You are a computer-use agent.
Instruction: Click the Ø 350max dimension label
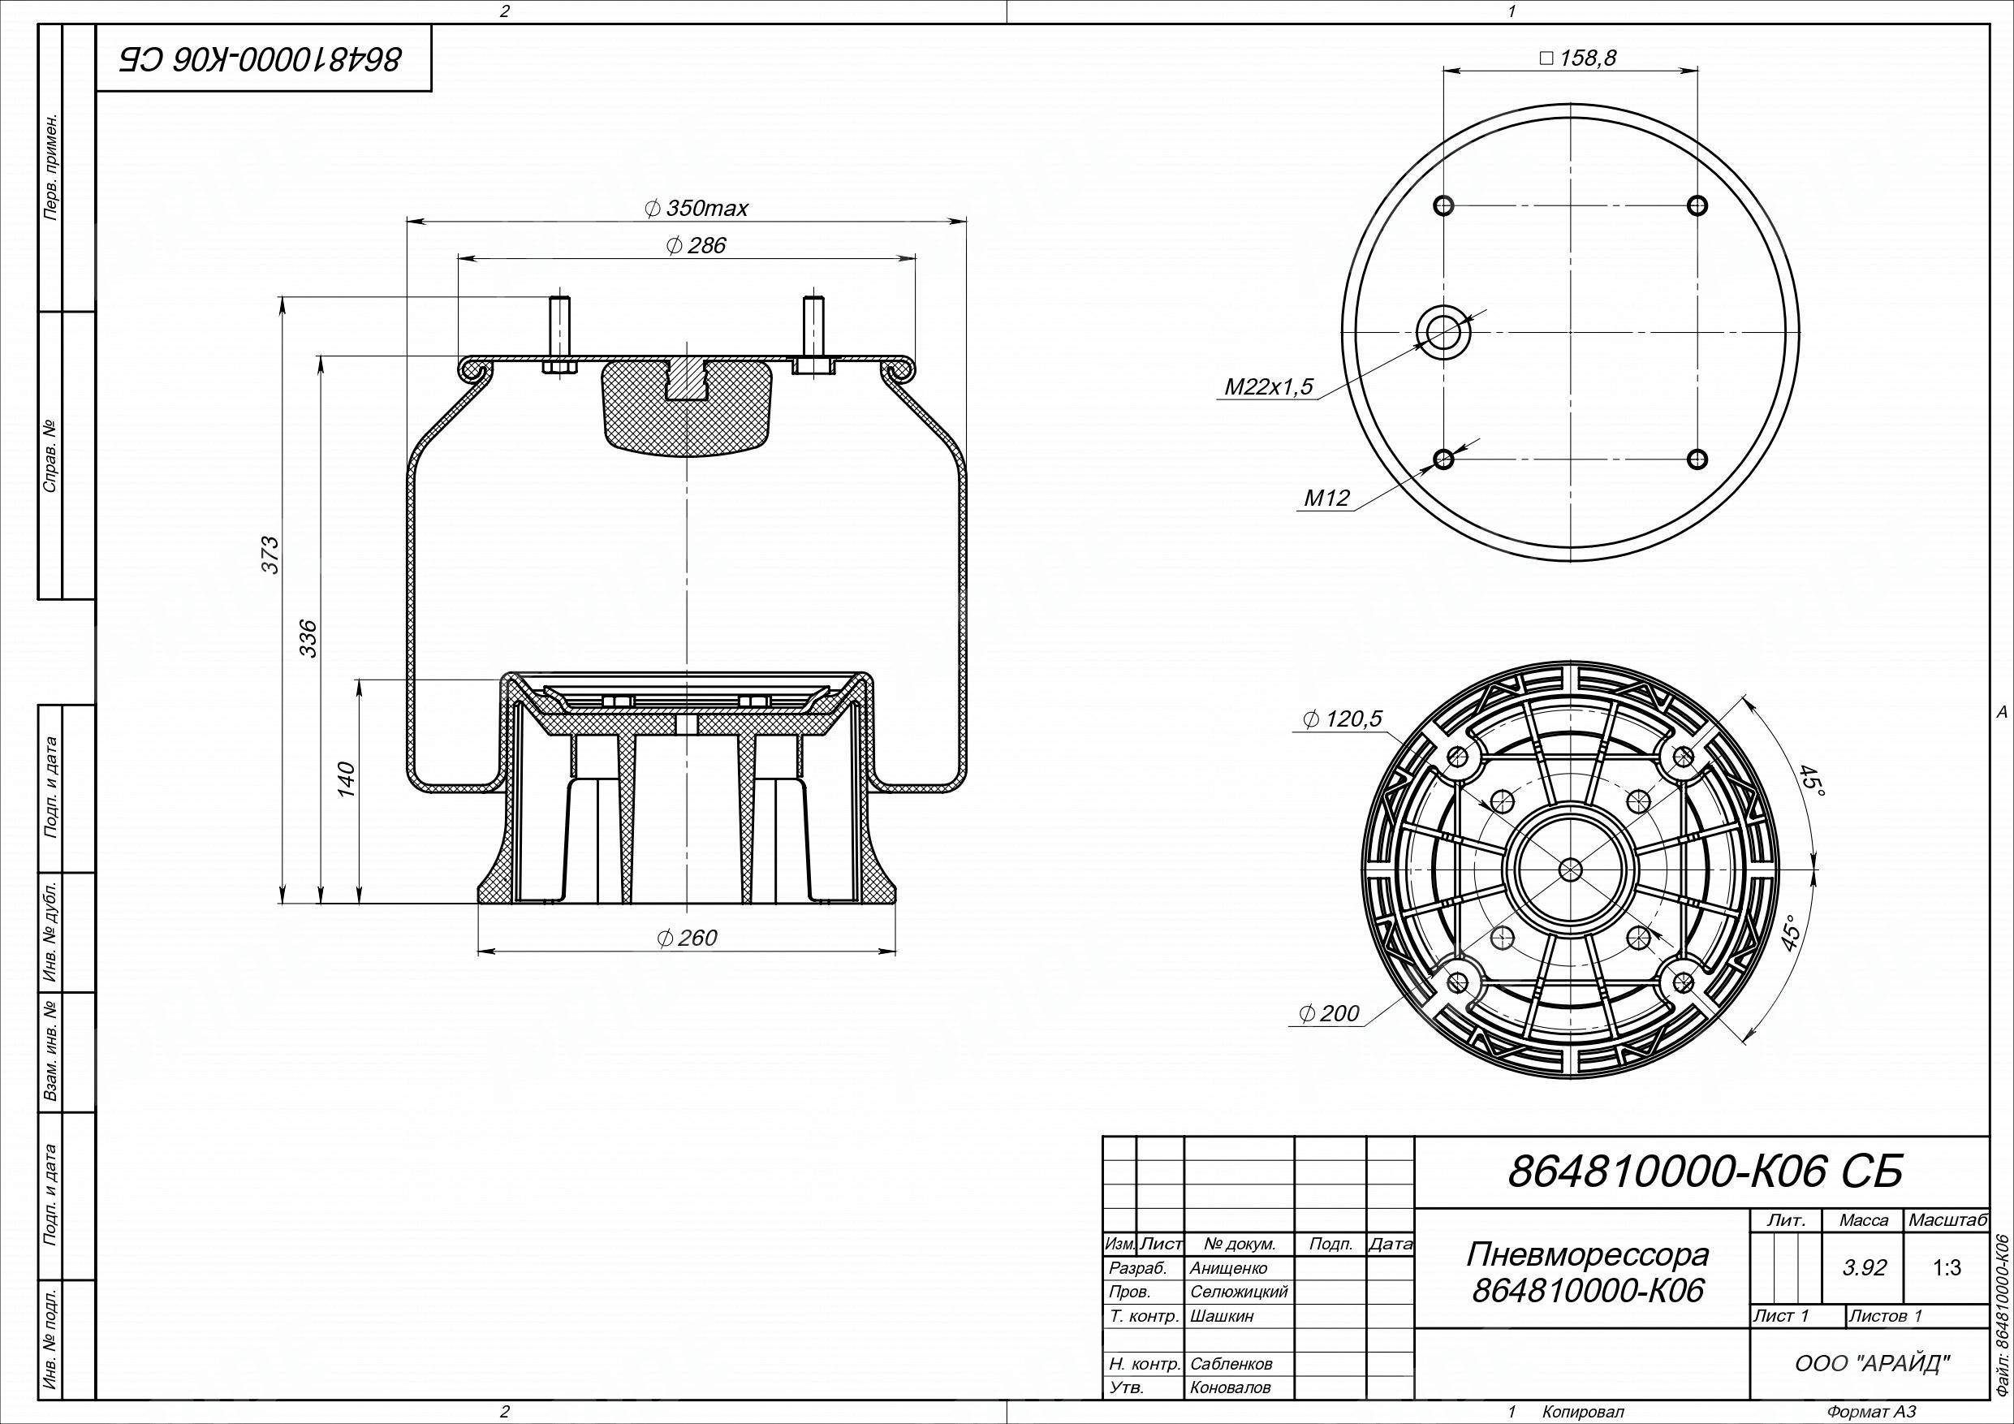pyautogui.click(x=696, y=208)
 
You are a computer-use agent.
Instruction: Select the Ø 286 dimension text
pyautogui.click(x=696, y=246)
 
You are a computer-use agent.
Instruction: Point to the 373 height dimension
pyautogui.click(x=271, y=554)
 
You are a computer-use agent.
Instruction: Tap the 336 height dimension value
pyautogui.click(x=308, y=639)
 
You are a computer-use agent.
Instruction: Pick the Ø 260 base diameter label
pyautogui.click(x=687, y=938)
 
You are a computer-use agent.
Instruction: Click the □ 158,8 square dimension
pyautogui.click(x=1578, y=58)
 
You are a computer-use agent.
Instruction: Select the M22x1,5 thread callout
pyautogui.click(x=1270, y=386)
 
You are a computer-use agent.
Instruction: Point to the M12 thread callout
pyautogui.click(x=1326, y=498)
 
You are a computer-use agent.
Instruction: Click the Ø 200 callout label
pyautogui.click(x=1329, y=1014)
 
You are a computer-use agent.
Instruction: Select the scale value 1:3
pyautogui.click(x=1947, y=1268)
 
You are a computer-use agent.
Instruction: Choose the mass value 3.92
pyautogui.click(x=1865, y=1268)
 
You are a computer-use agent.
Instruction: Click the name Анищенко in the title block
pyautogui.click(x=1229, y=1268)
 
